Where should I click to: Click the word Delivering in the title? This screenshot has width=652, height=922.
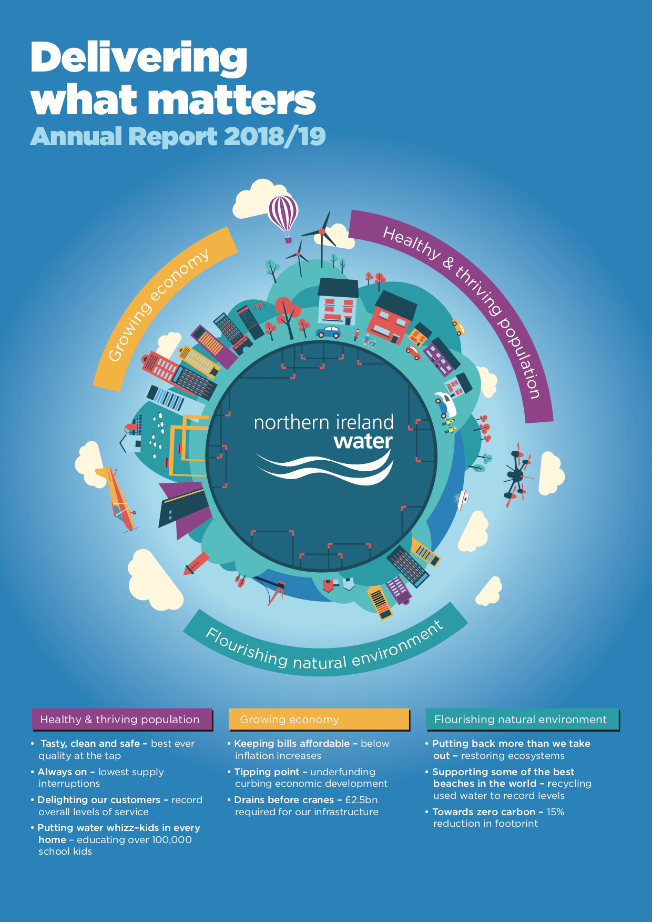pos(139,58)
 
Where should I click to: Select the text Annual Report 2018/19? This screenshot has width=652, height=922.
pos(178,136)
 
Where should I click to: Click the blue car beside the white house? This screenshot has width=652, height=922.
pos(329,332)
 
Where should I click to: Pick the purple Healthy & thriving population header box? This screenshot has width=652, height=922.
pos(122,720)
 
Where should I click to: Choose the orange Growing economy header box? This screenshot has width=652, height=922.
pos(319,720)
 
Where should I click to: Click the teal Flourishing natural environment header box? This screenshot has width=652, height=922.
pos(523,720)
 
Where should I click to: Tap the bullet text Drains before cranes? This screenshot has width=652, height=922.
pos(284,800)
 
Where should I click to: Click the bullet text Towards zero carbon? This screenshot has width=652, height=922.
pos(484,812)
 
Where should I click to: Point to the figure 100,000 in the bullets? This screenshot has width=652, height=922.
pos(171,840)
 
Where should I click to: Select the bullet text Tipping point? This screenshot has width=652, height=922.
pos(267,772)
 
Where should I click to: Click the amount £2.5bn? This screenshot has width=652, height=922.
pos(361,800)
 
